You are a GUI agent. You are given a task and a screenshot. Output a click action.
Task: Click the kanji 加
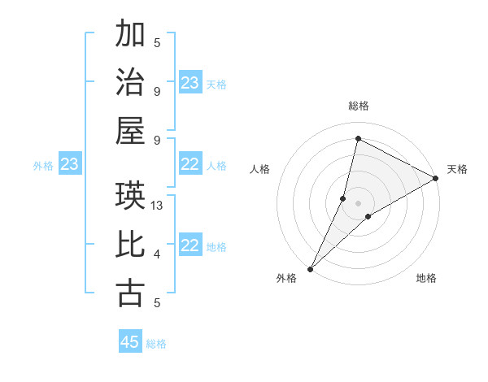[x=130, y=35]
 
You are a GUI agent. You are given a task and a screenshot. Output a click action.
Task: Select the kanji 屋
[x=130, y=130]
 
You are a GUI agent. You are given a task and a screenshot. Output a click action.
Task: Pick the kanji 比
[x=130, y=245]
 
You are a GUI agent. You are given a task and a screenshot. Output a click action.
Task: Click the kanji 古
[x=130, y=293]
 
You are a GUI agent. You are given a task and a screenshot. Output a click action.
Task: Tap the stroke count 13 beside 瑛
[x=158, y=206]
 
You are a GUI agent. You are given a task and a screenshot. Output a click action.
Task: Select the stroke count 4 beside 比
[x=157, y=254]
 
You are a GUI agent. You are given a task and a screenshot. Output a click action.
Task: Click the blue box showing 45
[x=130, y=342]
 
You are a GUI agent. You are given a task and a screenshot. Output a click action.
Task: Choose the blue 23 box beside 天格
[x=190, y=83]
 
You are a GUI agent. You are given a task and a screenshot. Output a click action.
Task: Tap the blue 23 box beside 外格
[x=70, y=165]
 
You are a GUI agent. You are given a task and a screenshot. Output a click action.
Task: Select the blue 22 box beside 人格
[x=190, y=165]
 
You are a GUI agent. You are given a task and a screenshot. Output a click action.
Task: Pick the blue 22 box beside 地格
[x=190, y=246]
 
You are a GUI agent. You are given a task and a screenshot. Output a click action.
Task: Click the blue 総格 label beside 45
[x=156, y=343]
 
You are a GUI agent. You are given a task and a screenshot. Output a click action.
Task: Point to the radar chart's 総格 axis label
[x=358, y=106]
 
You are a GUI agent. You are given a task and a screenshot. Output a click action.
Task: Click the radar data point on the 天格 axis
[x=435, y=178]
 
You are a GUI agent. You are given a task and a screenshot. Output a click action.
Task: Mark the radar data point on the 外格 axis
[x=310, y=269]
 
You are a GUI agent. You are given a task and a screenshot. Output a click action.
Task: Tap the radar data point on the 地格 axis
[x=368, y=216]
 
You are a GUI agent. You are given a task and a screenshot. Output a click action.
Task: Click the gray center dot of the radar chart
[x=358, y=202]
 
